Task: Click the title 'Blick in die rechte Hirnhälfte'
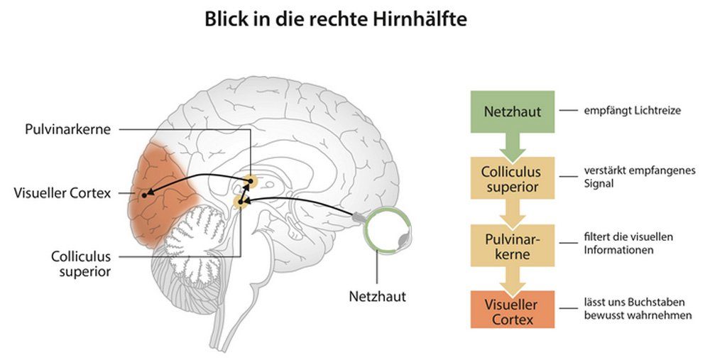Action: (336, 19)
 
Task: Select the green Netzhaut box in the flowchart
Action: (512, 111)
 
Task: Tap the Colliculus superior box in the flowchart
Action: (511, 179)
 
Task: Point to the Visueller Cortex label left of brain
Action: (62, 192)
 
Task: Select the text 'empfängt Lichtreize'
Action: (633, 111)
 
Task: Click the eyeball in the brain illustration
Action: (386, 229)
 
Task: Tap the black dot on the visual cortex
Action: (144, 193)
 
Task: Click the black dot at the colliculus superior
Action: (242, 203)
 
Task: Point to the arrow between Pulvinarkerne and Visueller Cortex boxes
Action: (511, 278)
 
